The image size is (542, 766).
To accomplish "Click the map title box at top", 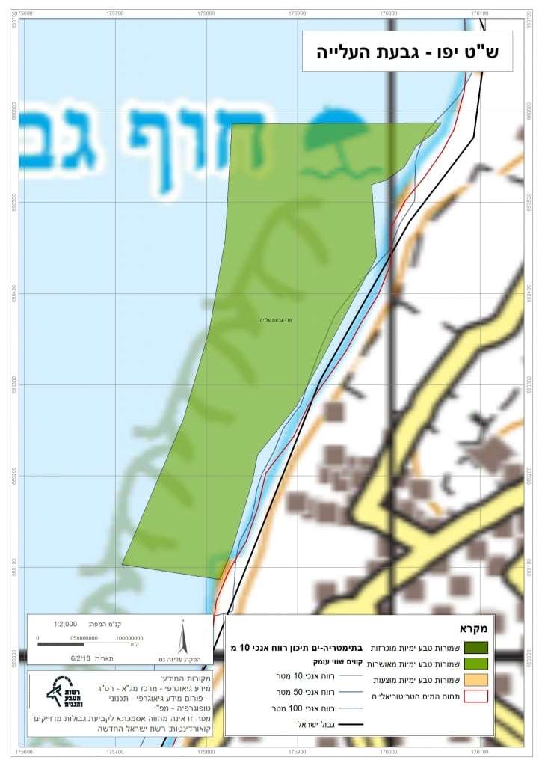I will coord(407,52).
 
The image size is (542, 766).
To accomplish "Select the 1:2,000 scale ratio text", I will coord(65,623).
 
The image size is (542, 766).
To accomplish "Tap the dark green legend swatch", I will coord(475,646).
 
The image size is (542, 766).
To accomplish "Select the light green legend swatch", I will coord(475,663).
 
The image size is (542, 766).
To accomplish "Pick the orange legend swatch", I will coord(475,680).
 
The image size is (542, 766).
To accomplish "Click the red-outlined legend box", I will coord(475,696).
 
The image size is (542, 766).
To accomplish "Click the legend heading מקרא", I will coord(475,628).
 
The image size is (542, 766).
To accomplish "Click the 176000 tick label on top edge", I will coord(388,13).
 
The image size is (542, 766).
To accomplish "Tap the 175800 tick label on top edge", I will coord(206,13).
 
